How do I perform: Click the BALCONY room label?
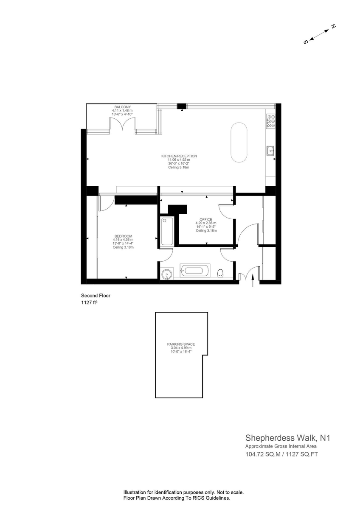tap(123, 107)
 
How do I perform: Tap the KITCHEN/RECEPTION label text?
tap(179, 156)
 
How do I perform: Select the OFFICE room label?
tap(206, 220)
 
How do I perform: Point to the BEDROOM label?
tap(123, 236)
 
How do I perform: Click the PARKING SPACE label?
tap(181, 344)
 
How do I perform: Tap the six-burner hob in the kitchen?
tap(270, 120)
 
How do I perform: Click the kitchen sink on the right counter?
tap(270, 151)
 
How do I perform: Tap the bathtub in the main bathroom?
tap(195, 271)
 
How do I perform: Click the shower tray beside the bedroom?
tap(167, 231)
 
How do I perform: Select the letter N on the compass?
tap(333, 26)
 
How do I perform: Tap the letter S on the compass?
tap(306, 42)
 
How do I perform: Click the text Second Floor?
tap(96, 296)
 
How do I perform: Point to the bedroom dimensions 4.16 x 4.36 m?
tap(123, 240)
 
